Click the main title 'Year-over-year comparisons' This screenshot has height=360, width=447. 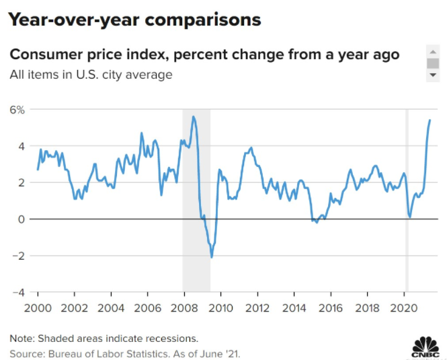134,20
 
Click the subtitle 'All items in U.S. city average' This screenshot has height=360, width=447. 91,74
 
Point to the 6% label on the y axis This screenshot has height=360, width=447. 17,109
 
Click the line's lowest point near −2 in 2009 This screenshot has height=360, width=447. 212,257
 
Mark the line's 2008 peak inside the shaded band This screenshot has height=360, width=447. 194,116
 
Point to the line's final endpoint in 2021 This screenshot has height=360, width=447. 430,120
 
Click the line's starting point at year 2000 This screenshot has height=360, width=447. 38,169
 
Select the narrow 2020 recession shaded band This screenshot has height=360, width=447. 407,202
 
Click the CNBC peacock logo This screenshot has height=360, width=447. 425,347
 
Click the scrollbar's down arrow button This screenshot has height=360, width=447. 433,75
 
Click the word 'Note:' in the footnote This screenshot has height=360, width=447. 23,338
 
